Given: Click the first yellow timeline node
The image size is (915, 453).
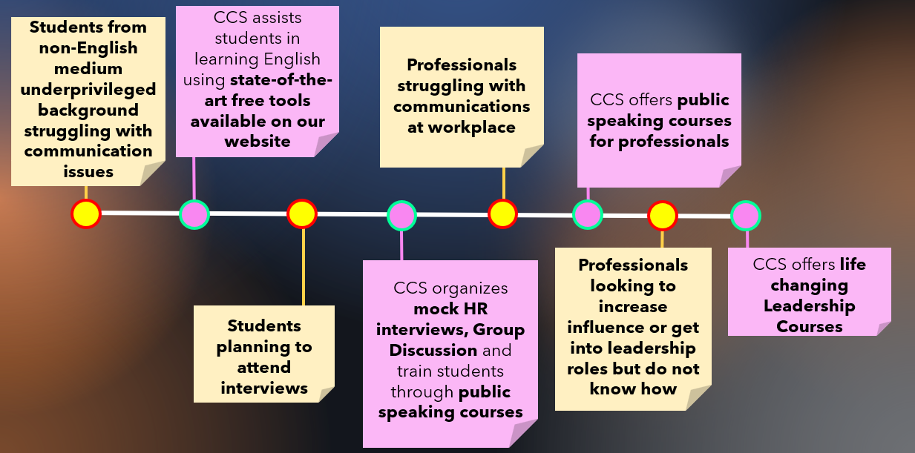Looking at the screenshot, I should tap(86, 214).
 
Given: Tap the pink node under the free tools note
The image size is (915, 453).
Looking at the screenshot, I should tap(194, 214).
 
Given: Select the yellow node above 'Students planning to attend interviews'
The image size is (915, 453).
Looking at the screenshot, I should tap(302, 214).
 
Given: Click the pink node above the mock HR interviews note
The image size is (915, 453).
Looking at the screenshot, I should tap(401, 216).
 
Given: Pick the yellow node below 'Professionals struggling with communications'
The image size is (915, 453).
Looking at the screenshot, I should tap(502, 214).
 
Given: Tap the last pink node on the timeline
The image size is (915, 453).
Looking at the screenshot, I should tap(746, 216).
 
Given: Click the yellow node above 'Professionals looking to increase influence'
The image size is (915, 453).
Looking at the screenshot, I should tap(663, 216).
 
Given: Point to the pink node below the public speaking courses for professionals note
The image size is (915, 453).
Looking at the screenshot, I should tap(588, 215).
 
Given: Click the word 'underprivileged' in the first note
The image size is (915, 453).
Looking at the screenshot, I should tap(88, 89).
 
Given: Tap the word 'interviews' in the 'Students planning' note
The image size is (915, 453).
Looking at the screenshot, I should tap(264, 388).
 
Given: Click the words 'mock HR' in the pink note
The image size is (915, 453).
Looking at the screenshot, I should tap(450, 308).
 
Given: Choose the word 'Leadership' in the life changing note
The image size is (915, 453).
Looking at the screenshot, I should tap(809, 305).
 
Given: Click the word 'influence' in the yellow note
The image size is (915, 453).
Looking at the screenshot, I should tap(603, 327).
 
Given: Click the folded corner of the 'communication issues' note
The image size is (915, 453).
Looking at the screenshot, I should tap(152, 175).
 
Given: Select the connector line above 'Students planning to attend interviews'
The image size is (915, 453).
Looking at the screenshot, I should tap(303, 267).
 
